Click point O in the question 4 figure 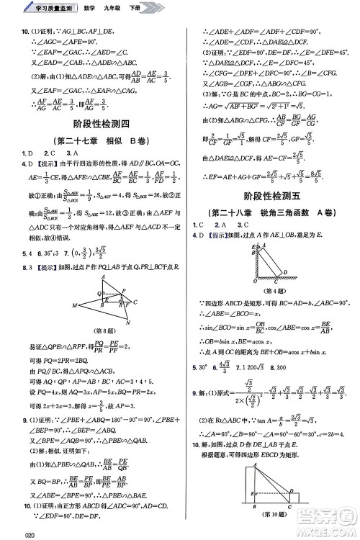256,282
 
